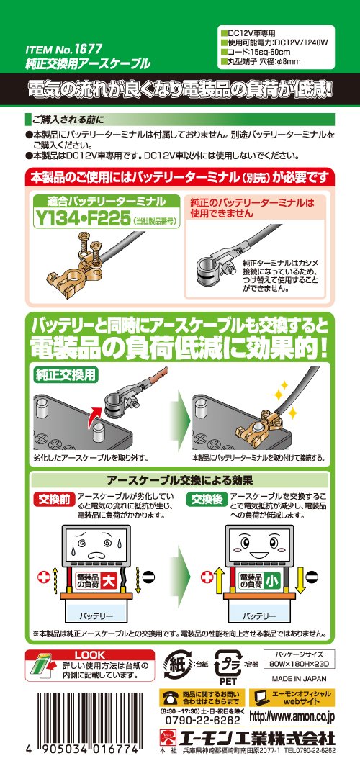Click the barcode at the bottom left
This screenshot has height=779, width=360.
click(x=82, y=711)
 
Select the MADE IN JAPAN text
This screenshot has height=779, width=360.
click(x=300, y=679)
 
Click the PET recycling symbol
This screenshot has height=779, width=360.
click(x=226, y=665)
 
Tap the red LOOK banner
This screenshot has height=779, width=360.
click(x=90, y=654)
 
